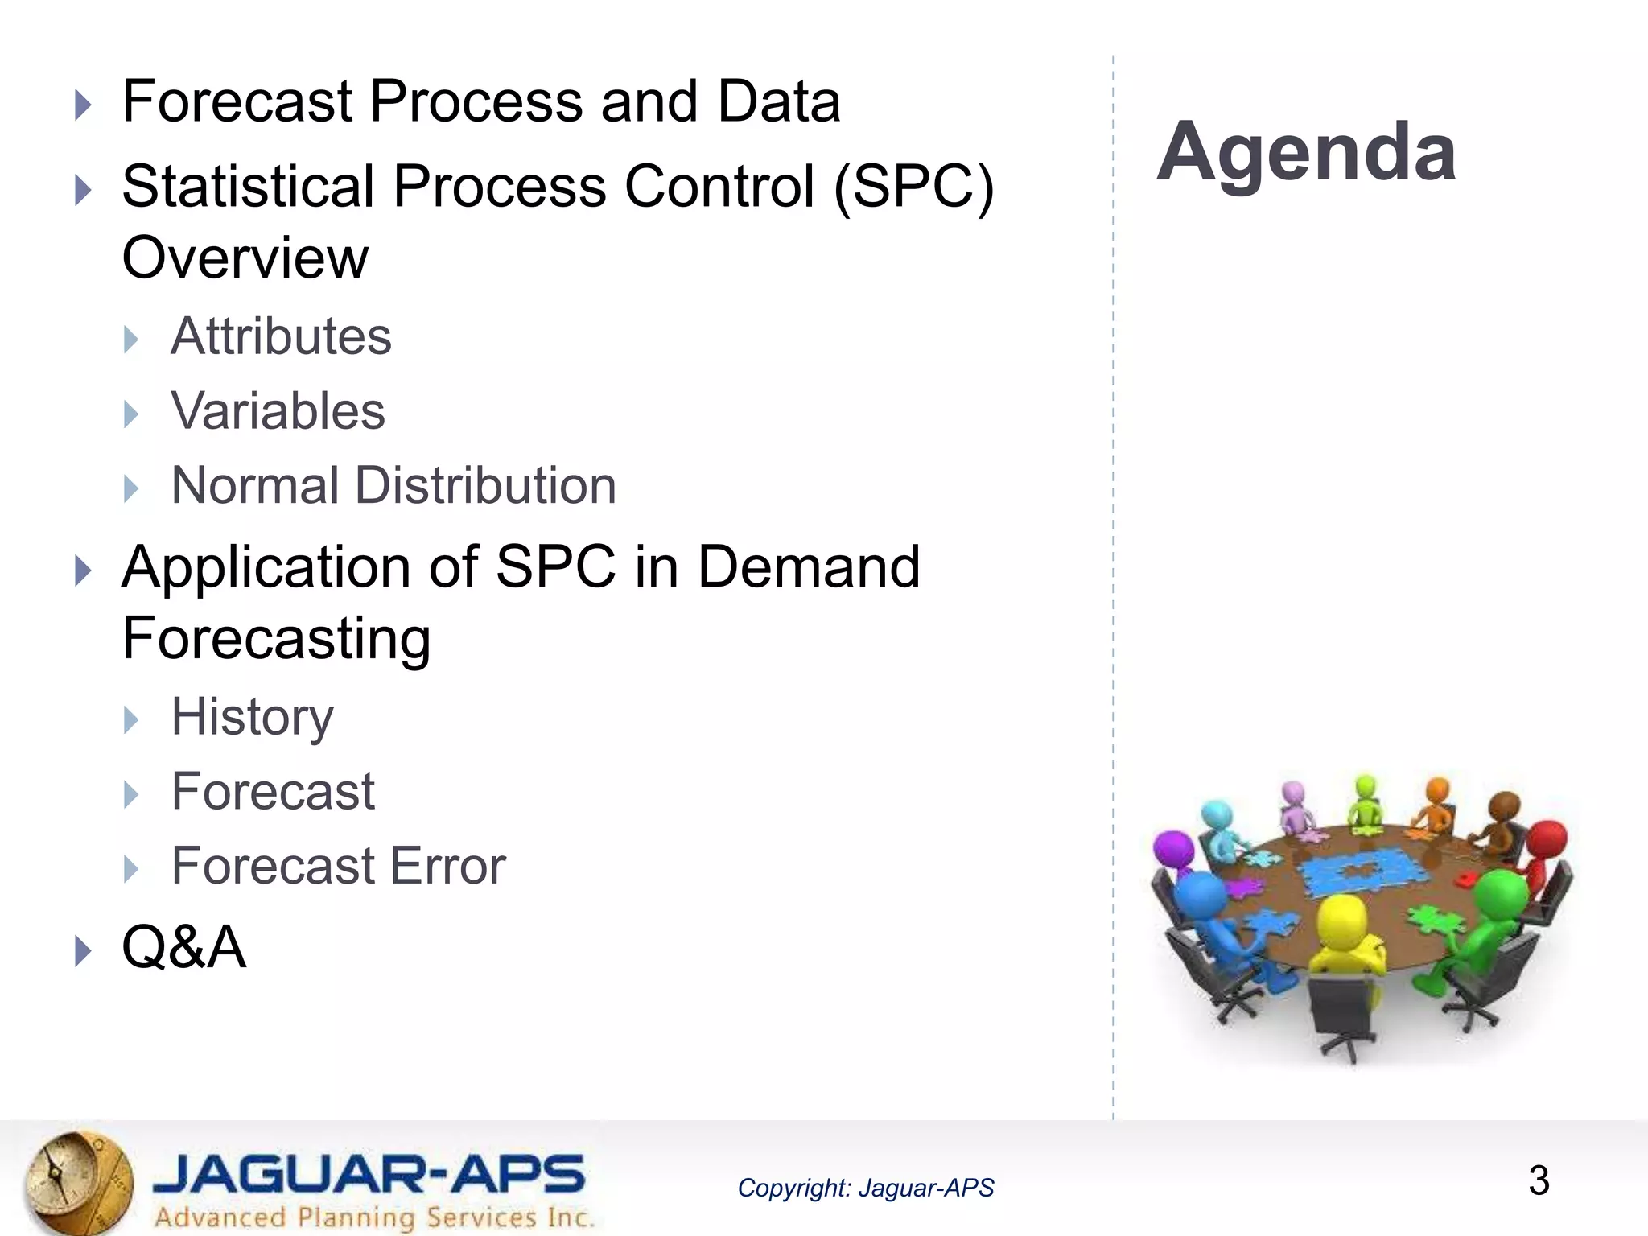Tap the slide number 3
coord(1538,1180)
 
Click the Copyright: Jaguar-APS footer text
coord(865,1188)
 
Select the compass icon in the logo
coord(76,1182)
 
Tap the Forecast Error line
coord(338,866)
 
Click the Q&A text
coord(183,946)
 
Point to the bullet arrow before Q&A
coord(83,950)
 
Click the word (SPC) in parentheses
coord(914,187)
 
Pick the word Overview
coord(245,257)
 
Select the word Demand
coord(808,566)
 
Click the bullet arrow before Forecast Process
coord(83,105)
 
